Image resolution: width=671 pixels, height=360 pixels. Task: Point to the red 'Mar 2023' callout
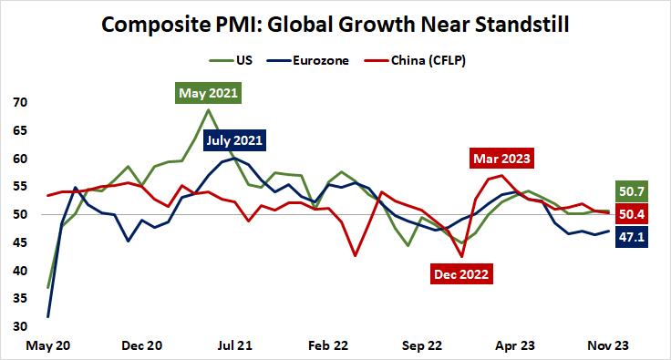click(x=501, y=158)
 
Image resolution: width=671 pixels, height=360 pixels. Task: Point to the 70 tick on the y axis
click(x=19, y=102)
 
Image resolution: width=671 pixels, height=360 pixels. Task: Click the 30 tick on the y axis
click(x=19, y=326)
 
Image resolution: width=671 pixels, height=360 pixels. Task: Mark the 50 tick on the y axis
click(x=19, y=214)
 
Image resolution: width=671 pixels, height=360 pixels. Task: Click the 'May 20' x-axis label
click(x=47, y=346)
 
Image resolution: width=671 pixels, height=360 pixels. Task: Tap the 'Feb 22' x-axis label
click(x=328, y=346)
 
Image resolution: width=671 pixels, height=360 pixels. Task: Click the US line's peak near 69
click(x=209, y=110)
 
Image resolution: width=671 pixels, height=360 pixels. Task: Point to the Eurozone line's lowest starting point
click(x=47, y=316)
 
